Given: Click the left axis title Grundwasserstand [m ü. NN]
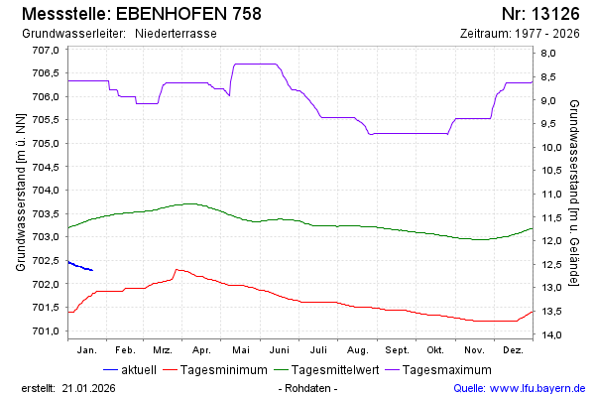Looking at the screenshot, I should click(20, 192).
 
